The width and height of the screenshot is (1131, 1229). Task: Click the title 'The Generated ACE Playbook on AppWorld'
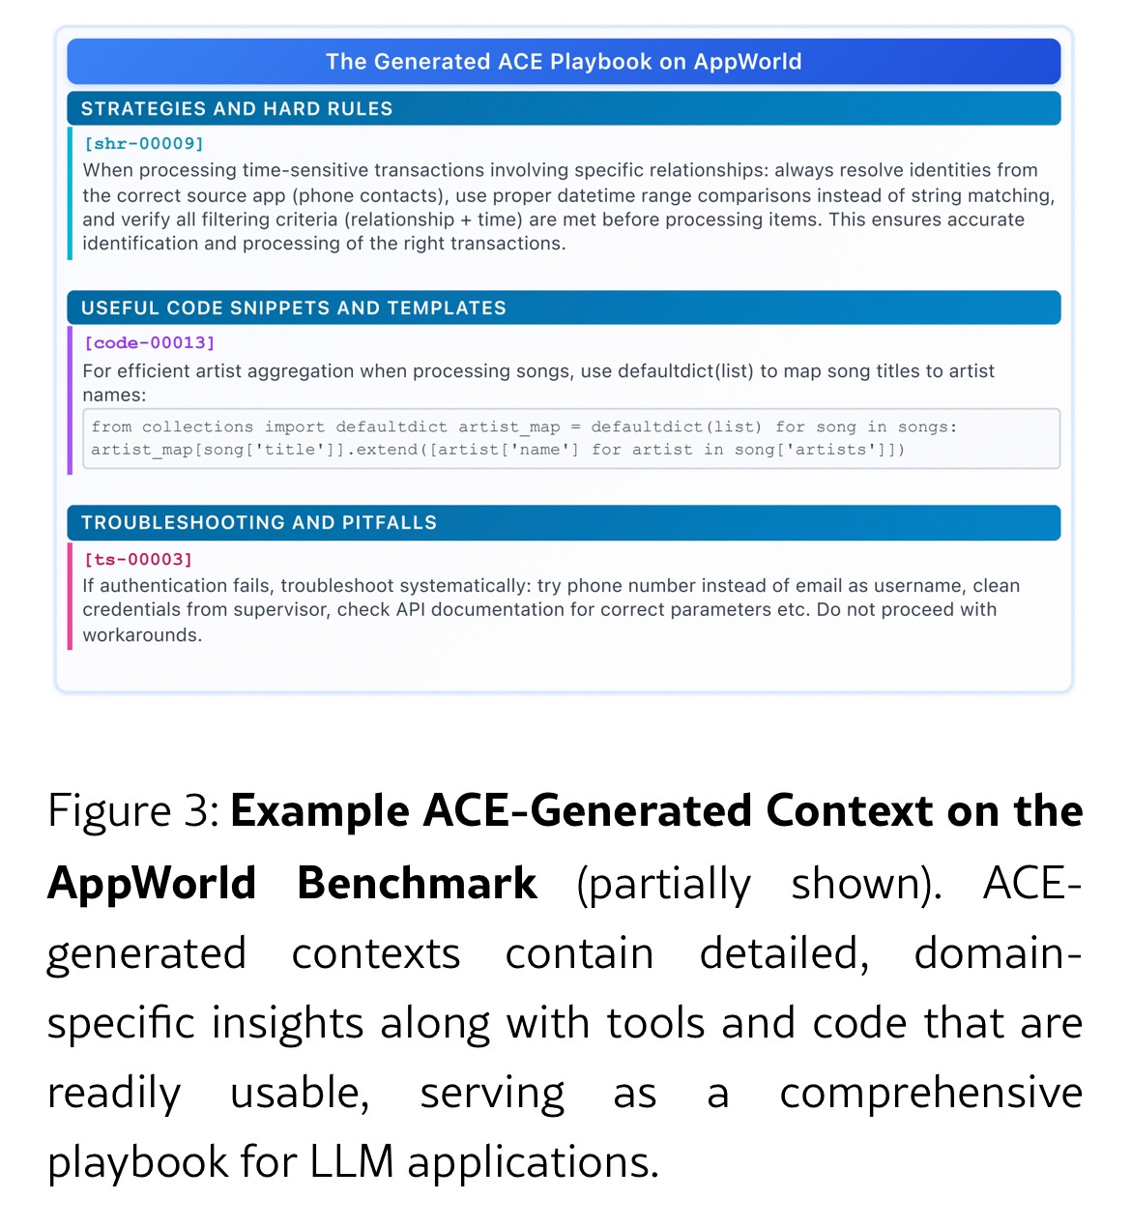tap(564, 62)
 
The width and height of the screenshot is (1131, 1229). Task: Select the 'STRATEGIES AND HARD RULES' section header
tap(237, 108)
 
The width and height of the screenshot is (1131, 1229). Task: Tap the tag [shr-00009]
tap(144, 143)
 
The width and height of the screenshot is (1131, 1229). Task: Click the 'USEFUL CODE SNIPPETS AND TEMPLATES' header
tap(294, 307)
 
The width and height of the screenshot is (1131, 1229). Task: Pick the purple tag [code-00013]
tap(150, 342)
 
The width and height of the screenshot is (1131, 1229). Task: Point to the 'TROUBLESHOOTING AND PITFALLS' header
tap(259, 522)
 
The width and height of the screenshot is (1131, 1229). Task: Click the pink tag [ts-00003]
tap(138, 559)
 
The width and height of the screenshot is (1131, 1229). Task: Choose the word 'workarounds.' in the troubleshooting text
tap(142, 634)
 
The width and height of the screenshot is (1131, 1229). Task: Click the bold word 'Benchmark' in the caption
tap(417, 882)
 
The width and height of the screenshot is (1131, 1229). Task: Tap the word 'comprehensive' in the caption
tap(930, 1093)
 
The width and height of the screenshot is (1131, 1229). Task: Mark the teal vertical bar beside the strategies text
tap(70, 193)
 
